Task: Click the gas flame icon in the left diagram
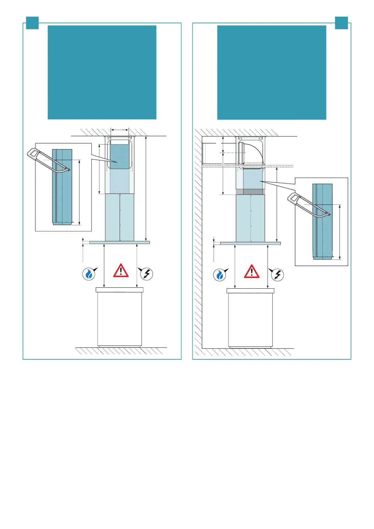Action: click(x=89, y=274)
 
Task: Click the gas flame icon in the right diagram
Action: click(x=220, y=275)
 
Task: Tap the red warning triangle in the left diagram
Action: click(x=121, y=270)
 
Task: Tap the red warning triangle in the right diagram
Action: click(x=252, y=271)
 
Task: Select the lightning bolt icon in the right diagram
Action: click(x=278, y=275)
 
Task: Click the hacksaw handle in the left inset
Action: click(x=33, y=154)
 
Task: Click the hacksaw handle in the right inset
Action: click(x=294, y=198)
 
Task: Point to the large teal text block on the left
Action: click(x=102, y=72)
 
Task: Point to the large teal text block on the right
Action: click(x=272, y=72)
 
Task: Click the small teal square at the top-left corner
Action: click(x=32, y=23)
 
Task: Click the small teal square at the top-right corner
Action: click(x=341, y=23)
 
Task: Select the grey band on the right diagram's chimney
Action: click(x=250, y=192)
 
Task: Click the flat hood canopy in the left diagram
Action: click(x=119, y=243)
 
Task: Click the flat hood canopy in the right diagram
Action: click(x=250, y=243)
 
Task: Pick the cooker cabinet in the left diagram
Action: click(x=119, y=317)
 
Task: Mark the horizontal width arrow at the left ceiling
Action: click(x=120, y=129)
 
